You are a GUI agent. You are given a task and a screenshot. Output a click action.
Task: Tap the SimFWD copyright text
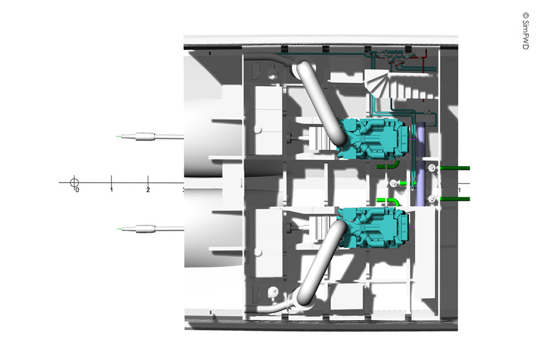tap(525, 31)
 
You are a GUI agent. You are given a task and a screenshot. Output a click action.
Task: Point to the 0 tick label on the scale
tap(77, 190)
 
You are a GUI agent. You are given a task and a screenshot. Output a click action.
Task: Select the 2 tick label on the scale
tap(148, 190)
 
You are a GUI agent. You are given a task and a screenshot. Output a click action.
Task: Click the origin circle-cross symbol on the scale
tap(74, 182)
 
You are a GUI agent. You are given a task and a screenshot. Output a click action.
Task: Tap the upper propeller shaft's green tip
tap(119, 137)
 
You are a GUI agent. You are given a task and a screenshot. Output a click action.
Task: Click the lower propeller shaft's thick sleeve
tap(145, 229)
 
